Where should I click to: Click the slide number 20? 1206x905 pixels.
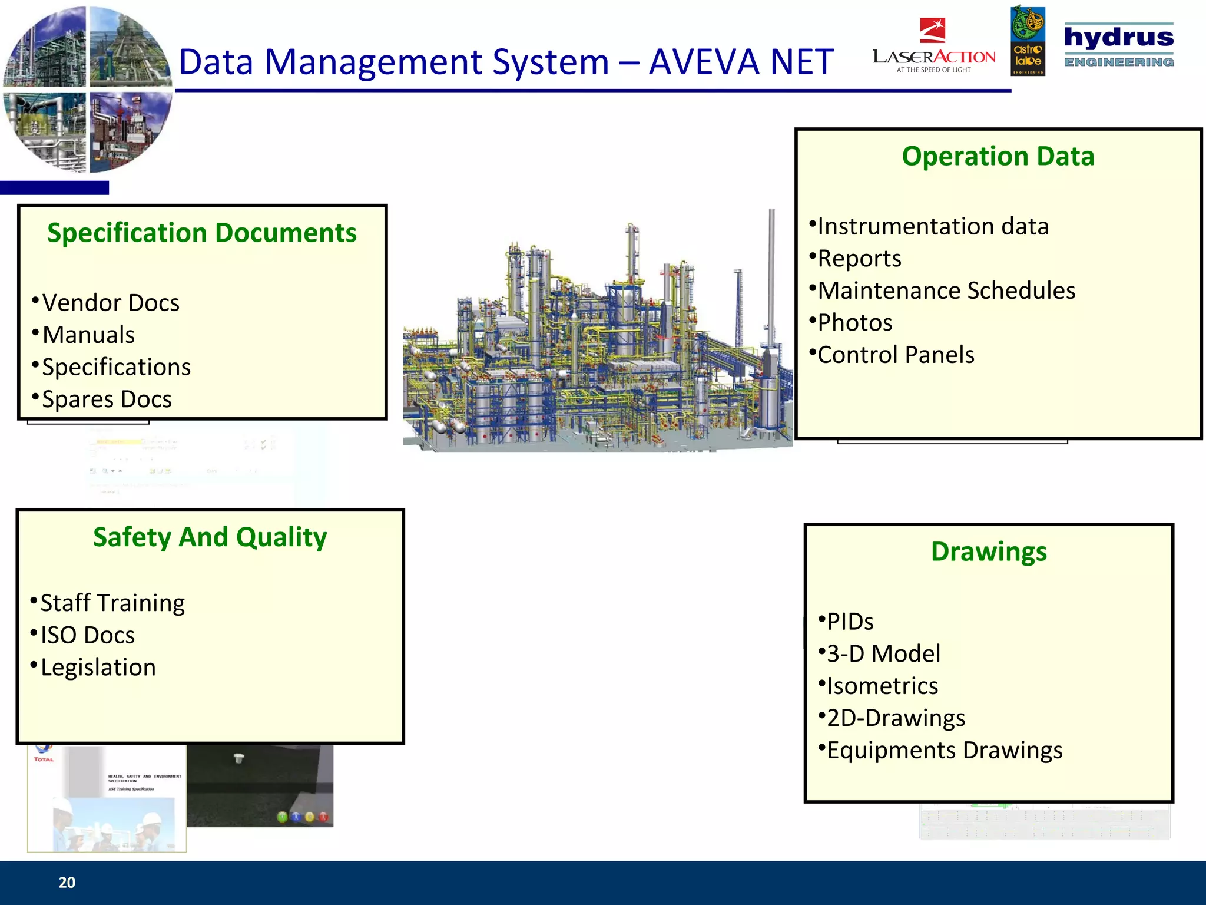(x=67, y=882)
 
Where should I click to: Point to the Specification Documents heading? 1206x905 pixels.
(x=202, y=233)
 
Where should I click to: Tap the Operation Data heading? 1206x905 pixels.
(x=998, y=156)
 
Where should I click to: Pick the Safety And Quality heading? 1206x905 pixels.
(x=210, y=537)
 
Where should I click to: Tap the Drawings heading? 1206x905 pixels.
(x=989, y=551)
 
